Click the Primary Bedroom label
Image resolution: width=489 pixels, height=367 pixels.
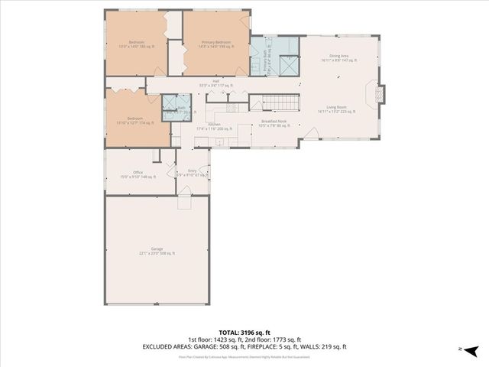click(216, 41)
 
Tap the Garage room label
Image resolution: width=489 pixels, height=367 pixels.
click(157, 249)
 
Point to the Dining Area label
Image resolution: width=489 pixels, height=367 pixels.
click(338, 56)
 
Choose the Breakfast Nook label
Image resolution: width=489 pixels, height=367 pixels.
click(273, 122)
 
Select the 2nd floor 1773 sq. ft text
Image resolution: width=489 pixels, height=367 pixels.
click(277, 339)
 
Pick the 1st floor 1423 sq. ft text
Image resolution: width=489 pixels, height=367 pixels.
click(213, 339)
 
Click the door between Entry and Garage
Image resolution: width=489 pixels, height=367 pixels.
click(184, 202)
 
